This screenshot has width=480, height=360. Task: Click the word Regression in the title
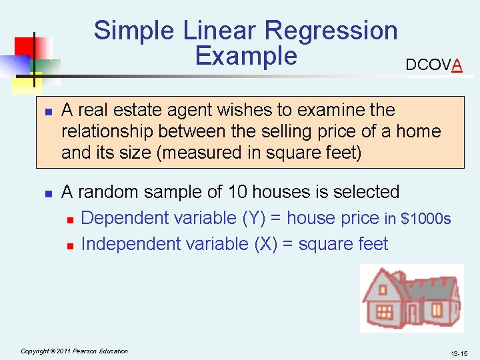pos(331,31)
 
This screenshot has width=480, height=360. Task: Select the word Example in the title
pos(246,56)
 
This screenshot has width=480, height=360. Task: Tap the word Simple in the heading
pos(133,31)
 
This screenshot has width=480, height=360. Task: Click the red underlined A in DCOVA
pos(457,65)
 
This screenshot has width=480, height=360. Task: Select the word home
pos(418,131)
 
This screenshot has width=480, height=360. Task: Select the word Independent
pos(131,244)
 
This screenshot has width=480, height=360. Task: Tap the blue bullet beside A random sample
pos(48,193)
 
